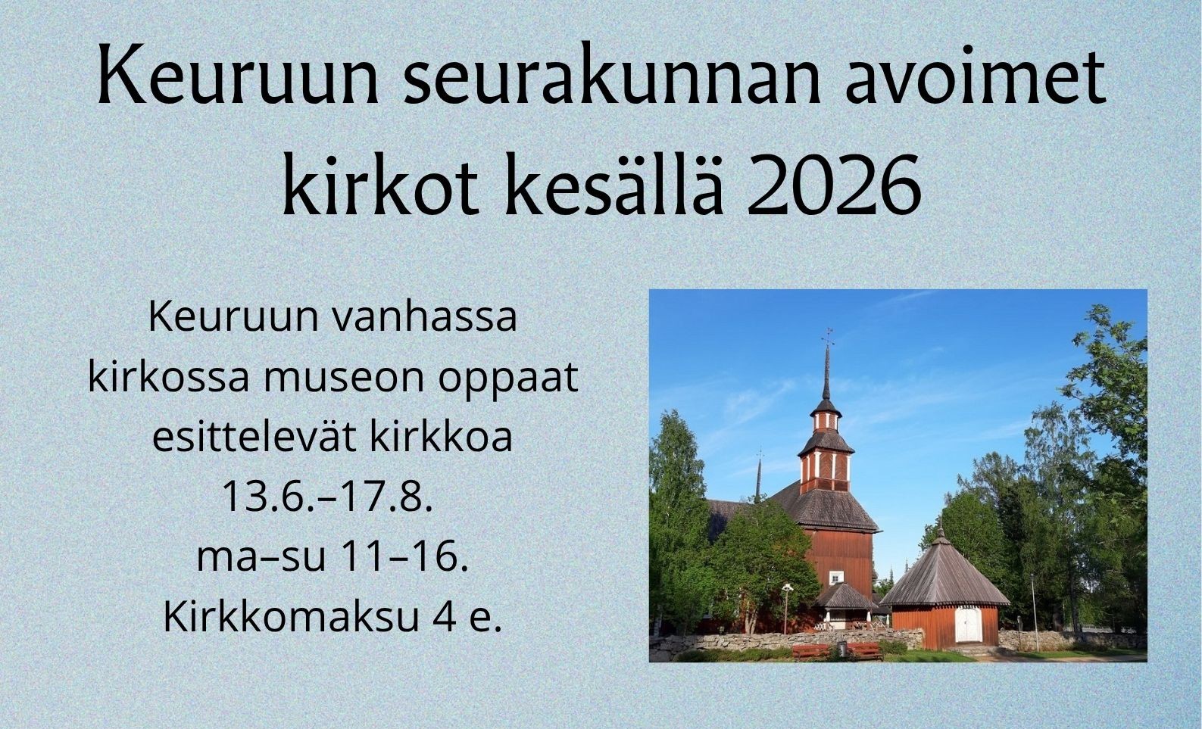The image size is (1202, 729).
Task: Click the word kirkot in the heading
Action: click(380, 183)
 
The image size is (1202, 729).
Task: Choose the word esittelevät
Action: click(254, 438)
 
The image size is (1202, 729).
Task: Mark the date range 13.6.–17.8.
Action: click(327, 497)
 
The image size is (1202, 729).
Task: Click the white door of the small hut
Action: click(969, 625)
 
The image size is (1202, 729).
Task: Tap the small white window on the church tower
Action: click(836, 578)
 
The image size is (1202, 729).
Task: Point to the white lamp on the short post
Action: click(787, 588)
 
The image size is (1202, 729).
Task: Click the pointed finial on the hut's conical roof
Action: click(940, 528)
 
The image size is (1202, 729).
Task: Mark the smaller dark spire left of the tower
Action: click(759, 477)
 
